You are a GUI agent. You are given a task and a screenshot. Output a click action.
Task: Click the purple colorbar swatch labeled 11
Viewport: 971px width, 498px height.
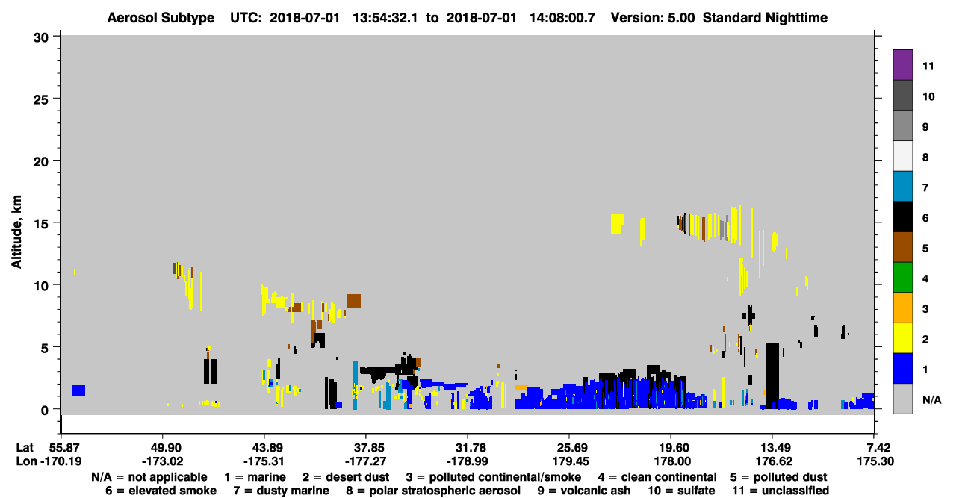click(x=902, y=64)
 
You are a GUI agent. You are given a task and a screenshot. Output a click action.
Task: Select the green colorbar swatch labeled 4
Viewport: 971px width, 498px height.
click(x=902, y=278)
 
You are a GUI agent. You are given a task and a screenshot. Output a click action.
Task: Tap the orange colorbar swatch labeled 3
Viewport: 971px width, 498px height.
click(x=902, y=308)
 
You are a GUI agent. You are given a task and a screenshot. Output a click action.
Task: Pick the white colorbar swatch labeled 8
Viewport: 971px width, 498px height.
click(x=902, y=156)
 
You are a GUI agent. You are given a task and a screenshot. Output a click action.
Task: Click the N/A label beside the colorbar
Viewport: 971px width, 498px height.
click(x=931, y=399)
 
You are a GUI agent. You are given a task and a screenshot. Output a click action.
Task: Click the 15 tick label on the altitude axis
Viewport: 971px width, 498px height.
click(x=41, y=224)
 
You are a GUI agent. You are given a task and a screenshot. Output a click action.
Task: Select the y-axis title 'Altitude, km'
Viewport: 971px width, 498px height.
click(x=16, y=232)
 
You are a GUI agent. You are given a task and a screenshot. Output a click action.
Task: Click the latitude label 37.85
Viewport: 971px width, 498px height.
click(x=366, y=448)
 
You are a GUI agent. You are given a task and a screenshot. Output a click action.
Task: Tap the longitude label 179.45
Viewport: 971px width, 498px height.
click(x=570, y=461)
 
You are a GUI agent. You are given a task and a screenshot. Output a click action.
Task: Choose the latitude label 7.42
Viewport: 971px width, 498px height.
click(x=875, y=448)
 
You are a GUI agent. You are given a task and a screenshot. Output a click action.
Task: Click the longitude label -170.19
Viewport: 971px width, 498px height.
click(x=61, y=461)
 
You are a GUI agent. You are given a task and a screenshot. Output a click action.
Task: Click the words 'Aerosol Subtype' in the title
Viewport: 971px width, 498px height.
click(x=161, y=18)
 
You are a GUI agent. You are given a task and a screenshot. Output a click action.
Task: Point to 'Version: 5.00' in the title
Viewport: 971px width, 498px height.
click(x=652, y=18)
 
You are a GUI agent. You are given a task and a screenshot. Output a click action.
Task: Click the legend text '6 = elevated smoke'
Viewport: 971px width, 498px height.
click(x=161, y=491)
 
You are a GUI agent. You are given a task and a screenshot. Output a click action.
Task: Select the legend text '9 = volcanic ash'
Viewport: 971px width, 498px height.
click(x=584, y=491)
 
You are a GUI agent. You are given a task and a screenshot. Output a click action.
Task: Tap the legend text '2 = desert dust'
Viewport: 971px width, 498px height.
click(x=346, y=477)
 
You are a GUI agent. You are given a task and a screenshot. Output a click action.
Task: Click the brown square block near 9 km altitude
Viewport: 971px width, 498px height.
click(x=354, y=301)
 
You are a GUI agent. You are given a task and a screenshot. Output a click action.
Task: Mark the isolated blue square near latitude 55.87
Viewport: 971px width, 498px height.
click(x=78, y=390)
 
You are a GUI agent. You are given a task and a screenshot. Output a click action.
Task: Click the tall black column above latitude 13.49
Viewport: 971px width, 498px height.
click(x=772, y=376)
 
